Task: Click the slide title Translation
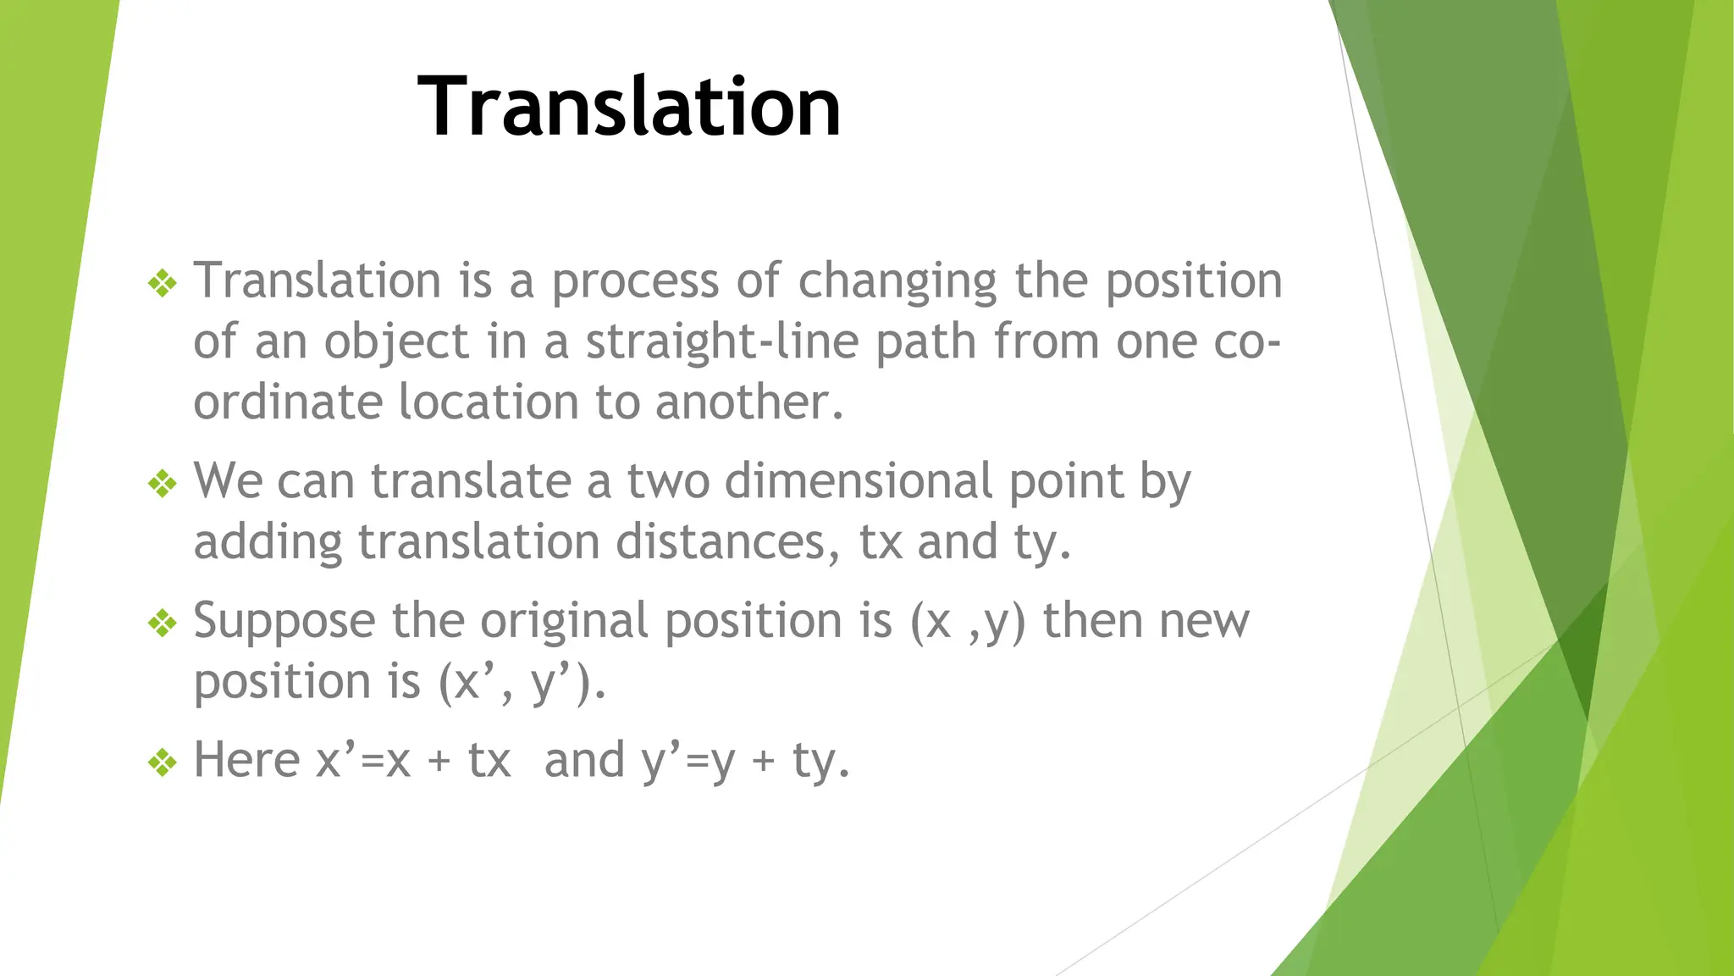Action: [x=629, y=107]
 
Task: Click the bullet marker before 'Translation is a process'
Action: [x=162, y=283]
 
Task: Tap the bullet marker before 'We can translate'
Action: [x=162, y=484]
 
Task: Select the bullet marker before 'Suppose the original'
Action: [x=162, y=624]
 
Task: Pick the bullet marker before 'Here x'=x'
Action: [x=162, y=762]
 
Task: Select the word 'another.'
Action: [x=749, y=402]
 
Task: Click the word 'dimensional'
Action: [x=858, y=481]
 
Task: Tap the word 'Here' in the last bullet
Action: [x=246, y=759]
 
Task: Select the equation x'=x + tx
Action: [x=413, y=759]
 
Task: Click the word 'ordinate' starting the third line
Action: [x=286, y=402]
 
